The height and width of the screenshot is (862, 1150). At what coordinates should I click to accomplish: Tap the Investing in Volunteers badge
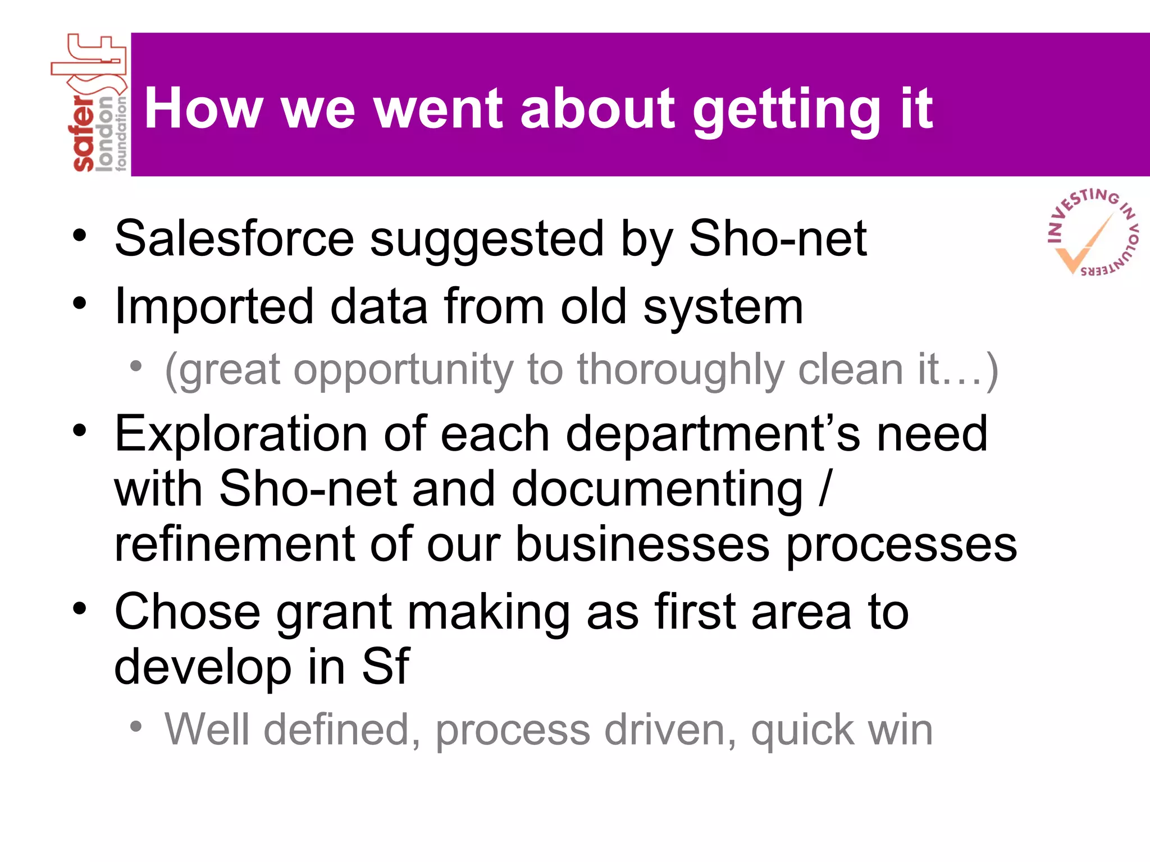click(x=1092, y=232)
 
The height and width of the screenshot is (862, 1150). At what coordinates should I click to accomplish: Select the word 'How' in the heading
click(x=203, y=109)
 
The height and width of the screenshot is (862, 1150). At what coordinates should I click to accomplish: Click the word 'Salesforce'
click(x=234, y=239)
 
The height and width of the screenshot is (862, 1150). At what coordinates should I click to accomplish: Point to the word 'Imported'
click(x=214, y=307)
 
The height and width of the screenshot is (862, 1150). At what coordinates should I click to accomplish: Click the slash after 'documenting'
click(x=824, y=489)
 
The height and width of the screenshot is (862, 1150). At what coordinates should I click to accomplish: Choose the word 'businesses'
click(x=642, y=544)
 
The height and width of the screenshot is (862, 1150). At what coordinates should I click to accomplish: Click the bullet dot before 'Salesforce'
click(x=80, y=235)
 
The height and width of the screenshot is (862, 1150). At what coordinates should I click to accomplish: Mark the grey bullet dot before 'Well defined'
click(x=136, y=727)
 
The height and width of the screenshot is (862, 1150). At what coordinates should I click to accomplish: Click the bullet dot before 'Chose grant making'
click(x=80, y=608)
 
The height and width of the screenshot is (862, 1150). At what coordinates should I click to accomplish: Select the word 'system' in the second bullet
click(x=723, y=308)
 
